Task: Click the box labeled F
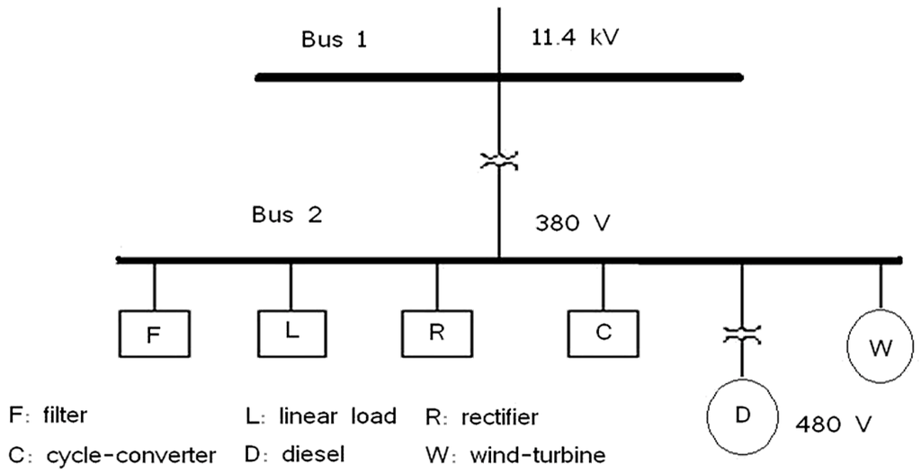(x=155, y=335)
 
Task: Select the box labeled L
(x=291, y=331)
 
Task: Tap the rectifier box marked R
(x=437, y=332)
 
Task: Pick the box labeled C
(x=603, y=332)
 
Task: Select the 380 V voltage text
(x=573, y=222)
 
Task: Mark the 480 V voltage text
(x=834, y=422)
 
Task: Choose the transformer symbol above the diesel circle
(x=742, y=335)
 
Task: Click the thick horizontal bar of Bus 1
(x=499, y=77)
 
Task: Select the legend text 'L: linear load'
(x=320, y=416)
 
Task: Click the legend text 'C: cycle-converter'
(x=112, y=455)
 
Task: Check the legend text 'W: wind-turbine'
(x=515, y=455)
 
